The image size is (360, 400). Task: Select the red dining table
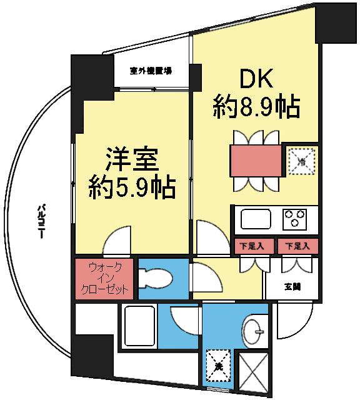(x=255, y=160)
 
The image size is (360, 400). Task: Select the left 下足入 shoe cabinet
(x=252, y=246)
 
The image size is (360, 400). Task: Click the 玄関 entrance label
(x=291, y=287)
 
